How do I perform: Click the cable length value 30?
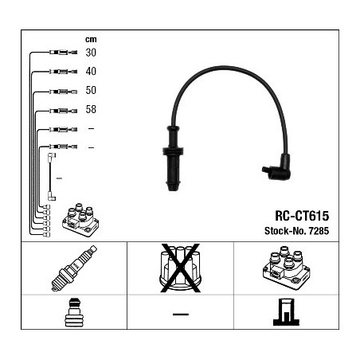click(91, 53)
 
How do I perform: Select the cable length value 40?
click(91, 71)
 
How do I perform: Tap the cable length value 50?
click(91, 90)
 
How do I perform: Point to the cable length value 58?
click(91, 109)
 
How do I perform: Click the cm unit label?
click(91, 40)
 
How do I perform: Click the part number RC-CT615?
click(302, 216)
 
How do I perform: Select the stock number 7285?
click(319, 231)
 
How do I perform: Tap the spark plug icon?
click(74, 268)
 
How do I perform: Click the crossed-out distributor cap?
click(180, 268)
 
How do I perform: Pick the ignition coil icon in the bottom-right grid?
click(286, 268)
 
